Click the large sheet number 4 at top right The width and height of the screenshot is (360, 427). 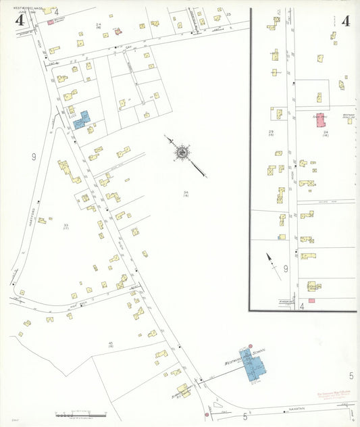[345, 20]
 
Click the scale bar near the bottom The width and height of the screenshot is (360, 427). [80, 412]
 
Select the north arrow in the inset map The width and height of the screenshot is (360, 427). [273, 264]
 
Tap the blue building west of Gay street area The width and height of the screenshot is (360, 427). [81, 120]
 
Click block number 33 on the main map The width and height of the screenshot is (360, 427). [66, 225]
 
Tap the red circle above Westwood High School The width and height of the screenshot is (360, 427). [250, 345]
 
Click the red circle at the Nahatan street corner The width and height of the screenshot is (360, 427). [206, 415]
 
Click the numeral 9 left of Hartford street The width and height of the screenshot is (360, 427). [33, 157]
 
